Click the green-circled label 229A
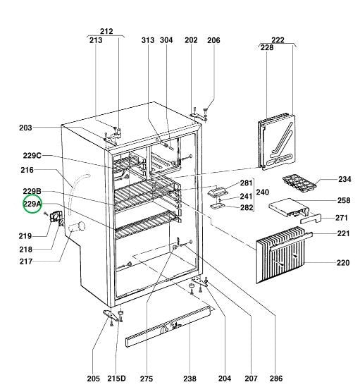[x=32, y=204]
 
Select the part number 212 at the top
[x=106, y=32]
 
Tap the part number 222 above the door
[x=278, y=40]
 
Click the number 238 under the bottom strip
[x=190, y=379]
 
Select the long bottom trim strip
[x=169, y=328]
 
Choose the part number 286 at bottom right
[x=276, y=379]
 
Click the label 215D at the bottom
[x=117, y=379]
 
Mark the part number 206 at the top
[x=213, y=40]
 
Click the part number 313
[x=147, y=40]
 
